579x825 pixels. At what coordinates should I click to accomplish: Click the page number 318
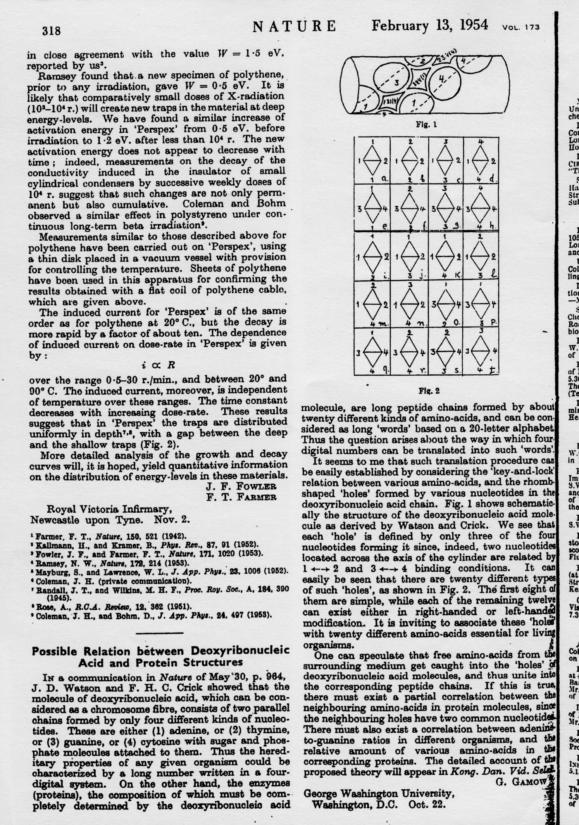click(51, 31)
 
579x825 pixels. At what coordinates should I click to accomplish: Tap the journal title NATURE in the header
click(294, 26)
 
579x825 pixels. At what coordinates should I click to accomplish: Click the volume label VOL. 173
click(520, 28)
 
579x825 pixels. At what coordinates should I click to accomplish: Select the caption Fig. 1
click(426, 125)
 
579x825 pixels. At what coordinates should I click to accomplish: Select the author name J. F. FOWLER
click(241, 486)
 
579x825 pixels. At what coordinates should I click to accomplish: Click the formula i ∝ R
click(158, 365)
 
